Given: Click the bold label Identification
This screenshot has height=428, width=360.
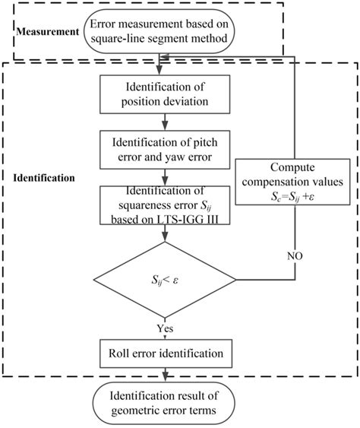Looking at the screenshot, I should click(x=43, y=177).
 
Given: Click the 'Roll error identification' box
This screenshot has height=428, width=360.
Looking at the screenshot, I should click(x=164, y=352).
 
